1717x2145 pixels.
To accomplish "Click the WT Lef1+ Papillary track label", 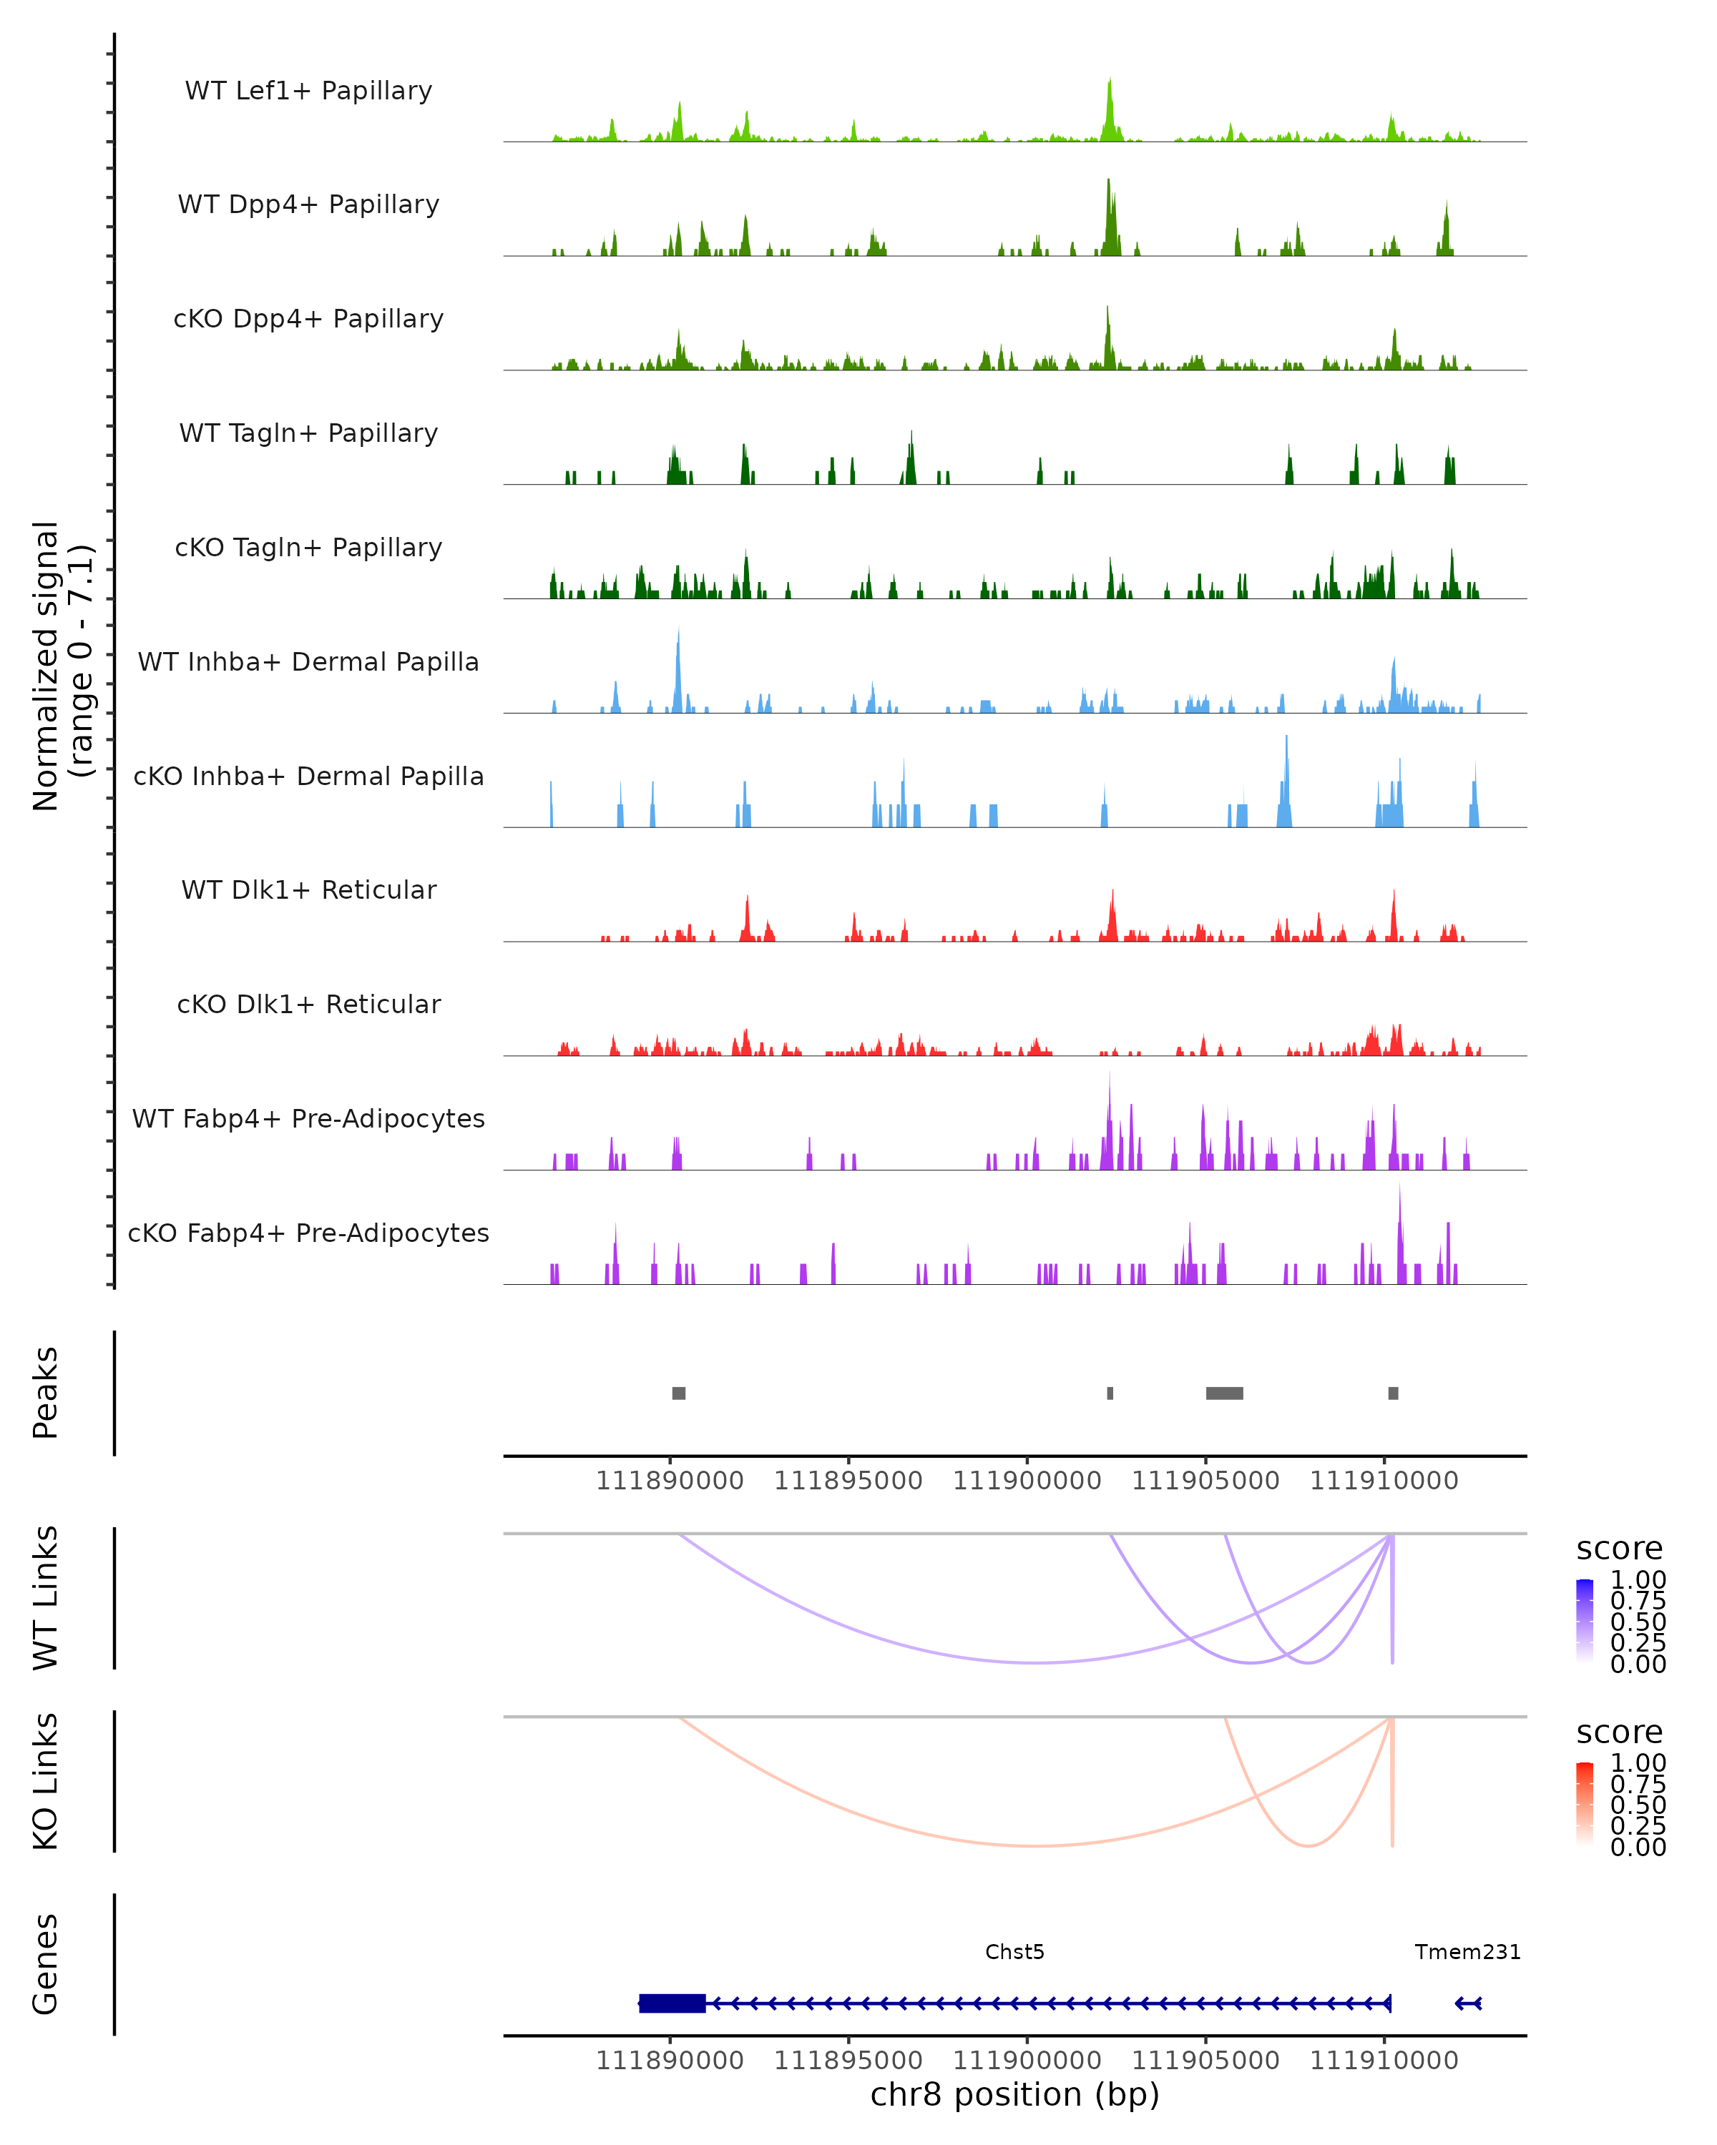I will tap(308, 92).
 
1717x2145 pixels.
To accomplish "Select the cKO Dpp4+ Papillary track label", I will tap(308, 320).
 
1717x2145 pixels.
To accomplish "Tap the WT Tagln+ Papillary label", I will tap(308, 434).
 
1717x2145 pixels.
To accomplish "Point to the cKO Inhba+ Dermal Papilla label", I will tap(308, 777).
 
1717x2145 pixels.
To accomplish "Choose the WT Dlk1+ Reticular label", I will tap(308, 890).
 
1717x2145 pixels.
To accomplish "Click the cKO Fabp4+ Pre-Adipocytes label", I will tap(308, 1233).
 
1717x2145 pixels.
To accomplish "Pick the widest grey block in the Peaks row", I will tap(1224, 1393).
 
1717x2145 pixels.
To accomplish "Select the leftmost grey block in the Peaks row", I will tap(679, 1393).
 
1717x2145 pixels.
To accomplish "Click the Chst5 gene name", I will tap(1014, 1952).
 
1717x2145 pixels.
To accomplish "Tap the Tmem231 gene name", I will tap(1468, 1952).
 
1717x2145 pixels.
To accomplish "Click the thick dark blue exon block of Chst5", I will tap(673, 2003).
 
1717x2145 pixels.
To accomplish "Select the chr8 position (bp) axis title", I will tap(1014, 2094).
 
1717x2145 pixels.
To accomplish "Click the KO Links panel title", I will tap(46, 1781).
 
